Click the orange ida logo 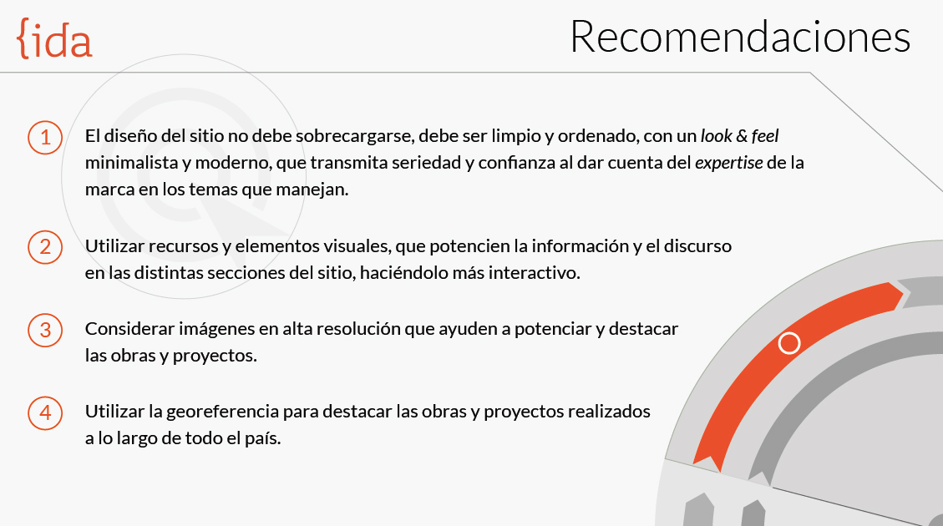[x=54, y=40]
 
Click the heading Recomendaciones [x=740, y=38]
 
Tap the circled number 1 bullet [x=45, y=137]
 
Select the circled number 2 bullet [x=45, y=246]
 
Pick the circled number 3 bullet [x=45, y=329]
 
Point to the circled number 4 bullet [x=45, y=412]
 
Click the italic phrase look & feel [x=740, y=136]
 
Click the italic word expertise [x=728, y=163]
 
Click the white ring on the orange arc [x=788, y=343]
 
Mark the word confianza [x=510, y=163]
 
